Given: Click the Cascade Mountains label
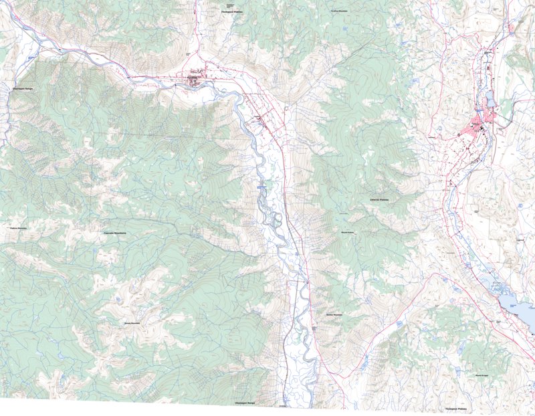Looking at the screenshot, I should click(116, 232).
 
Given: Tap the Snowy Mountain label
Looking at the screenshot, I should click(132, 322).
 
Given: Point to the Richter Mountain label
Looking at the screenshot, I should click(333, 315).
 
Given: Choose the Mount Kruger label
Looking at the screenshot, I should click(483, 376).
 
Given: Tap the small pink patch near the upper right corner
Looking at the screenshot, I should click(512, 27).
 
